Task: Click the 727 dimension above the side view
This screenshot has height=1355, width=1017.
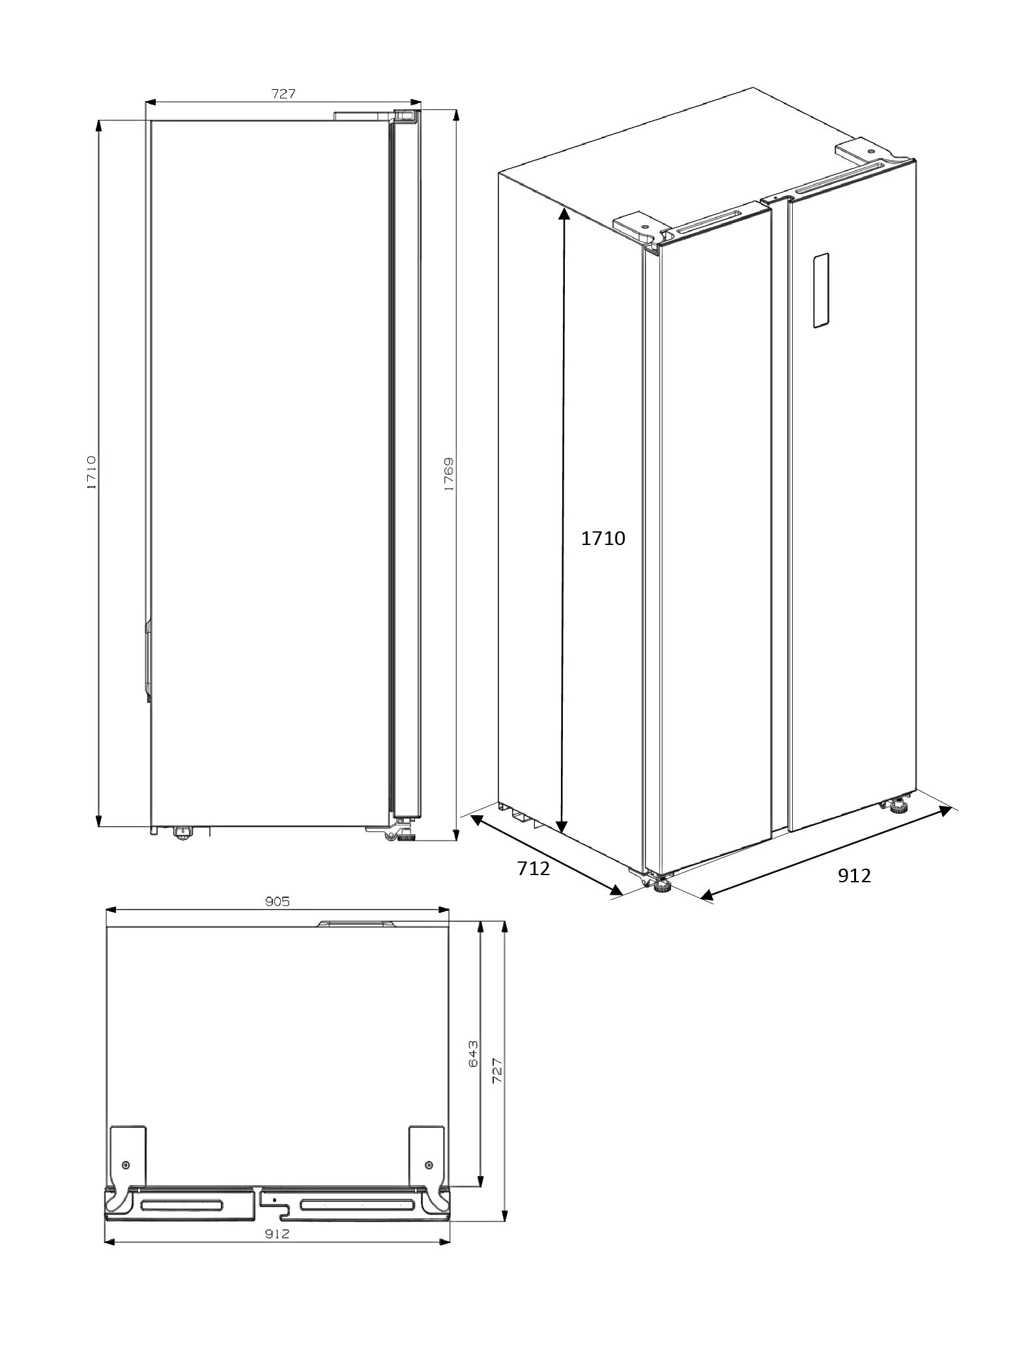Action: pos(283,94)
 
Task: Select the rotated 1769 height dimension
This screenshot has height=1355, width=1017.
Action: pos(449,473)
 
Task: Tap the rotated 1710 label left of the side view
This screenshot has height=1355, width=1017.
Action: pos(91,472)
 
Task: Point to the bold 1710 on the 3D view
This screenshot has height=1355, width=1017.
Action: pos(603,538)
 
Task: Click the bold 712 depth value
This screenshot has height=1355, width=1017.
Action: pos(534,868)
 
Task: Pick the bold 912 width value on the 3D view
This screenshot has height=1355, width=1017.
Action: pos(854,876)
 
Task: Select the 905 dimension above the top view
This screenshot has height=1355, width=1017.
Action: pos(277,902)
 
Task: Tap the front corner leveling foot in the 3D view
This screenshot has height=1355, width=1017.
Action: pos(663,886)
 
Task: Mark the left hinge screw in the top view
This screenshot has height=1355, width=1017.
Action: pos(126,1164)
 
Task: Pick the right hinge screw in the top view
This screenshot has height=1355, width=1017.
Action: pos(428,1164)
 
